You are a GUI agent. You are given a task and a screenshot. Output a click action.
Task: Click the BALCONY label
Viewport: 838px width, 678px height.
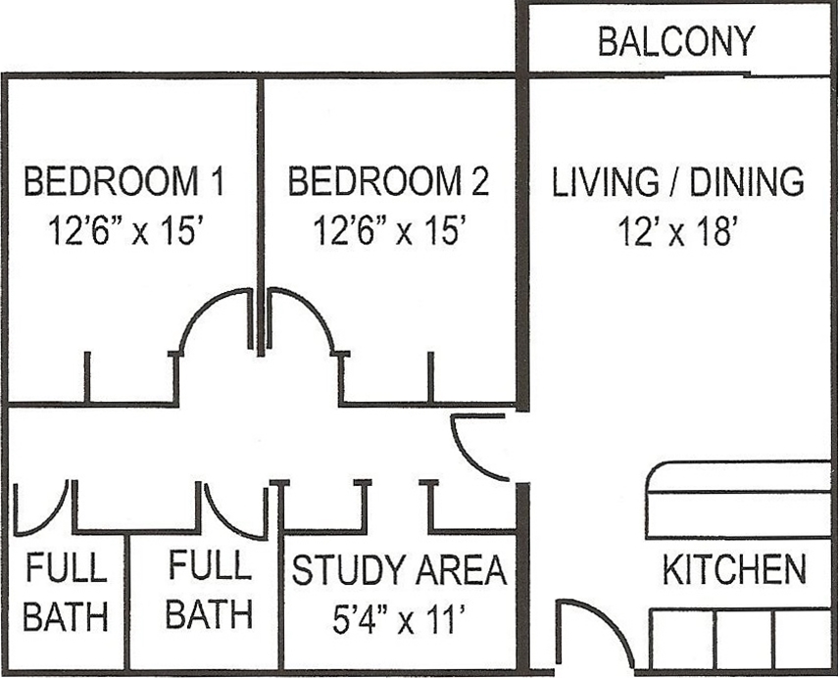coord(676,42)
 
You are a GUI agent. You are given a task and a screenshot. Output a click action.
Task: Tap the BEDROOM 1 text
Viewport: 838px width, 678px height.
coord(124,182)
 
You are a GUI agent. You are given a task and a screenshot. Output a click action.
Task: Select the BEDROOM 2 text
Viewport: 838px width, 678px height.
coord(388,182)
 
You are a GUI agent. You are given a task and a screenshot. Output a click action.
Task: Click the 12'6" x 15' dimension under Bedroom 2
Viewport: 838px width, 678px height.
coord(388,232)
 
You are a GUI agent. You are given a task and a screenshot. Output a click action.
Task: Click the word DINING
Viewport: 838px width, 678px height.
coord(748,182)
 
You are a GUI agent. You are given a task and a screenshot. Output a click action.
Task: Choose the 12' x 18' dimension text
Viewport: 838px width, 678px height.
coord(677,232)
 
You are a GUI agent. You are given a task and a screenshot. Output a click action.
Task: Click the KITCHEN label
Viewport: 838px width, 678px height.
coord(734,570)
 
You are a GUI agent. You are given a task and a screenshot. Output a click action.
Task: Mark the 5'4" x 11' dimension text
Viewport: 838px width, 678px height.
coord(397,619)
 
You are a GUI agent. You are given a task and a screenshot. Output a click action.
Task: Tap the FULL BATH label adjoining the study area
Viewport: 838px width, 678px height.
coord(208,591)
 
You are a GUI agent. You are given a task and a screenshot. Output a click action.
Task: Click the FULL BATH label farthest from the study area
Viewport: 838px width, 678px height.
coord(65,593)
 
